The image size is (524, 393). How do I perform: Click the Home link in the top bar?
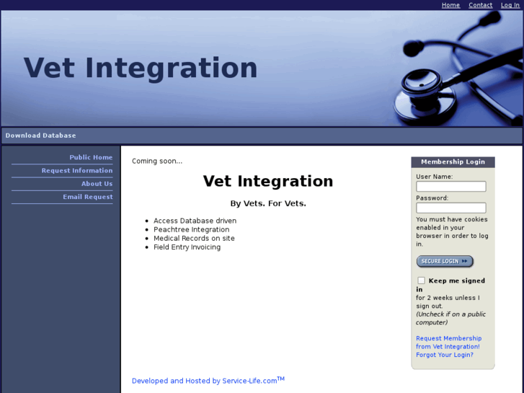click(450, 5)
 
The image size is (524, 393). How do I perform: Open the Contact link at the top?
click(480, 5)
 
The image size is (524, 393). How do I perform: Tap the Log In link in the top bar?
click(510, 5)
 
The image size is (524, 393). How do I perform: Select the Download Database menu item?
click(40, 136)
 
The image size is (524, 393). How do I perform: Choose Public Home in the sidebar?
click(91, 157)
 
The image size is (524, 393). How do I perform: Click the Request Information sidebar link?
click(77, 171)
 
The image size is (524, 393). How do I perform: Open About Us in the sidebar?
click(97, 184)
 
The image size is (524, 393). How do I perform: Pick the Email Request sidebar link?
click(87, 197)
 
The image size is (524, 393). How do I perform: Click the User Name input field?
click(450, 187)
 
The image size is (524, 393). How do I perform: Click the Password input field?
click(450, 208)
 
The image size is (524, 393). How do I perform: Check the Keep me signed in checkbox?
click(421, 281)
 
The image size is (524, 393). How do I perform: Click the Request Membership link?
click(448, 338)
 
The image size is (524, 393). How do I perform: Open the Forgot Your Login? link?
click(444, 355)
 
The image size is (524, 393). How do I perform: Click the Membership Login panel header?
click(453, 162)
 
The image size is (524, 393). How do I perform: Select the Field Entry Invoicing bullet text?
click(187, 247)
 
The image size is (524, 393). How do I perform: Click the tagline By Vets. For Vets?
click(268, 203)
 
